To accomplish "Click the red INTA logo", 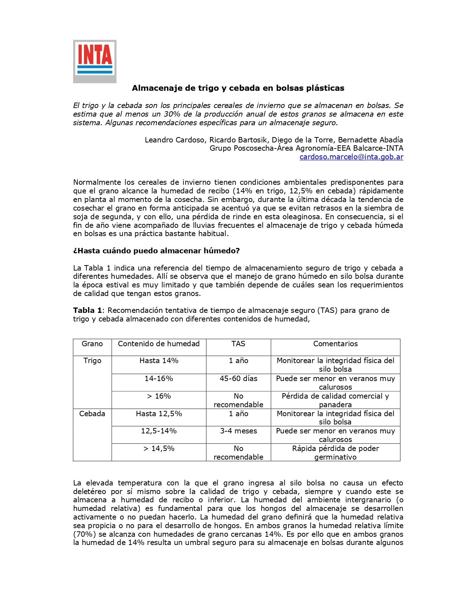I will click(95, 61).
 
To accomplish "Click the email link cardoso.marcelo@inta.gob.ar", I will click(351, 157).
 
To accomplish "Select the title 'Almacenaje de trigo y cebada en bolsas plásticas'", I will click(238, 88).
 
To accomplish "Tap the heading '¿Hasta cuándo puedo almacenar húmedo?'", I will click(156, 251).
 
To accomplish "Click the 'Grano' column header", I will click(92, 344).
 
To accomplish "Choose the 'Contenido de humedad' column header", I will click(159, 344).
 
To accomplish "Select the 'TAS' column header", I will click(238, 344).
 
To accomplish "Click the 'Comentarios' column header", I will click(335, 344).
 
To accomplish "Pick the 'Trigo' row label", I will click(92, 361).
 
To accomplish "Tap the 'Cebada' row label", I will click(92, 414).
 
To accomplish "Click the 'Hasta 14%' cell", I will click(159, 361).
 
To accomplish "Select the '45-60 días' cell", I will click(238, 379).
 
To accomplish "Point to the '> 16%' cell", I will click(159, 396).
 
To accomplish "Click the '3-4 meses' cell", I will click(238, 431).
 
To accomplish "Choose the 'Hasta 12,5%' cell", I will click(159, 414).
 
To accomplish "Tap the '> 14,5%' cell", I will click(159, 448).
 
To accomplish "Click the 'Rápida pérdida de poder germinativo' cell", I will click(335, 453).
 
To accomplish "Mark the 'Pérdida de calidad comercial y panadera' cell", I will click(335, 400).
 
